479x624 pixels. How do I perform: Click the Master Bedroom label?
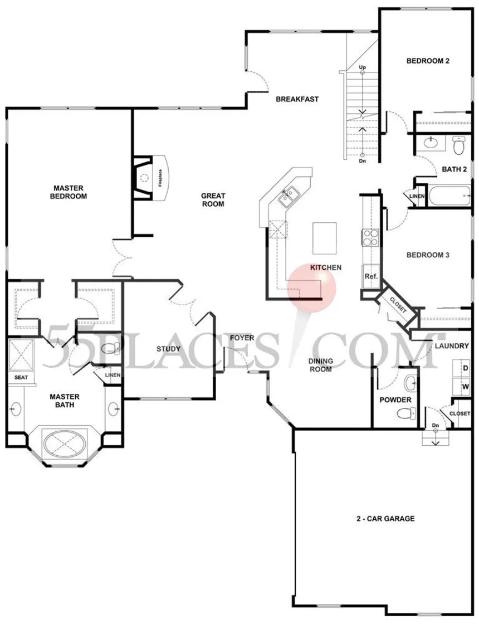[69, 192]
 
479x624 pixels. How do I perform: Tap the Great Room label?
[213, 200]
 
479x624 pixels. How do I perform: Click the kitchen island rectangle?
[324, 238]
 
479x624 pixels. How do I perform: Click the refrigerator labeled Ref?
[371, 276]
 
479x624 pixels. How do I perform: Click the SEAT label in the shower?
[21, 377]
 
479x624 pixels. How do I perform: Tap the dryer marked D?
[462, 368]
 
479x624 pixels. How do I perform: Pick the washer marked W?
[462, 387]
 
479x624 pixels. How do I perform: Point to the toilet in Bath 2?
[459, 145]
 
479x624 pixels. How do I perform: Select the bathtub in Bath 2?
[448, 196]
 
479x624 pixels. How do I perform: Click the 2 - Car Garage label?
[385, 519]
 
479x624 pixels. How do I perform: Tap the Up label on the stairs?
[362, 67]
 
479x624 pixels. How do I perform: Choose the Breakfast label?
[297, 99]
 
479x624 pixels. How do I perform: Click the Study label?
[168, 349]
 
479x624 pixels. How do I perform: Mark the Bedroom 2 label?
[428, 61]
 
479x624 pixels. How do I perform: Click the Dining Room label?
[321, 365]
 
